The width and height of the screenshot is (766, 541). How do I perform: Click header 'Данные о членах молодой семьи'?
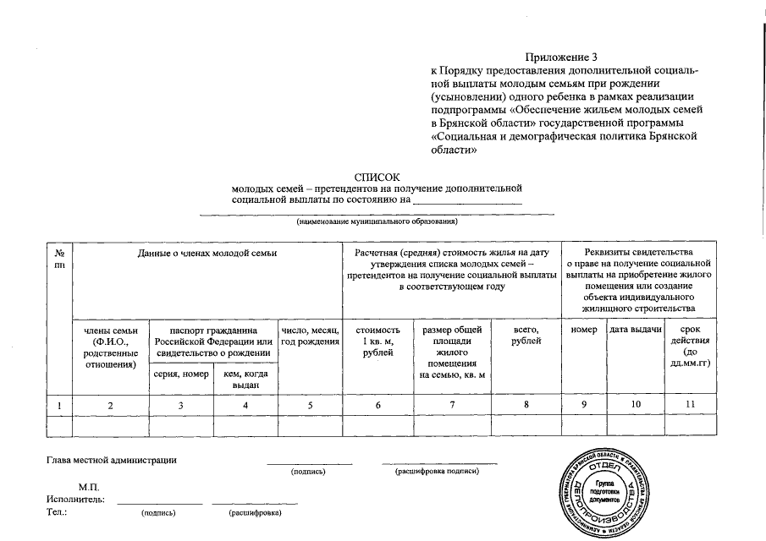(x=208, y=253)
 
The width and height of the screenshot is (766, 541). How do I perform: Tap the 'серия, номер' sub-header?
(x=180, y=374)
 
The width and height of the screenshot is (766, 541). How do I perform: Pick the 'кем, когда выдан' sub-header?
(x=245, y=379)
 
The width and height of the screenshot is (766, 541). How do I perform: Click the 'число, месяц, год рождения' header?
(x=310, y=335)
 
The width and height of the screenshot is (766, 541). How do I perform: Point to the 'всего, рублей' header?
(x=526, y=335)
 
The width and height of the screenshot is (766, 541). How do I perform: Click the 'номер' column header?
(x=583, y=329)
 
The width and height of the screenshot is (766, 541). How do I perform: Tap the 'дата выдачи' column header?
(x=635, y=329)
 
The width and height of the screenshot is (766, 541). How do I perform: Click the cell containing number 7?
(x=452, y=405)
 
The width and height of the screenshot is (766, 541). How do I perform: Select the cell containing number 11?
(x=691, y=405)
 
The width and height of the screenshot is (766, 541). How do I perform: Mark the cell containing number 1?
(x=60, y=406)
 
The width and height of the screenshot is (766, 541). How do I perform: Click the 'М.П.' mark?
(x=89, y=488)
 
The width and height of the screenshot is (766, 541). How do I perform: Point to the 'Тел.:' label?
(x=57, y=511)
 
